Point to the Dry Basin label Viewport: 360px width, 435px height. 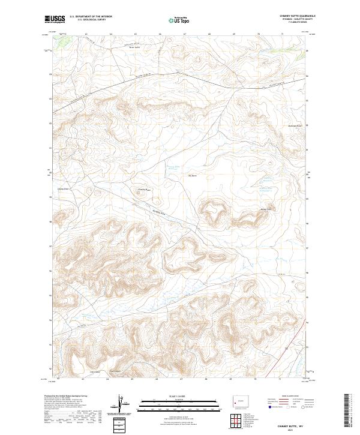[x=193, y=176]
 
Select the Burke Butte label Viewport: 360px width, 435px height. [x=266, y=209]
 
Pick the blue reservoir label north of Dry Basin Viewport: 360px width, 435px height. [x=173, y=168]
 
